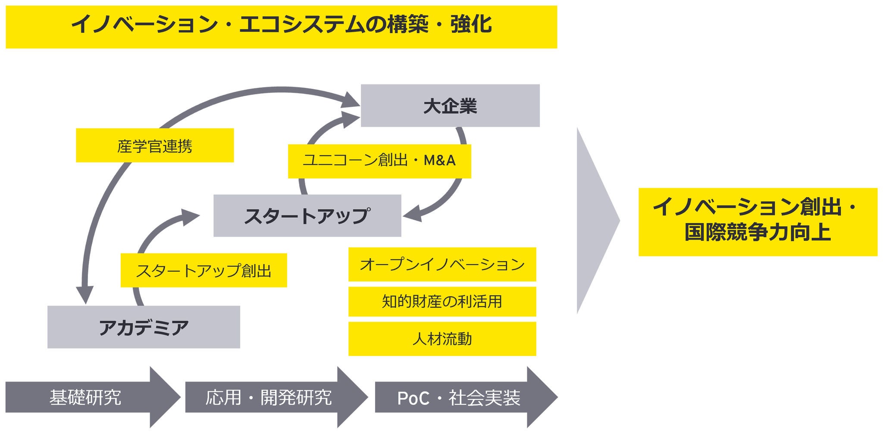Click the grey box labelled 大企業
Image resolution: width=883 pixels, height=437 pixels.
[450, 106]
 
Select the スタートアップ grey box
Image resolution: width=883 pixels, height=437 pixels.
[307, 215]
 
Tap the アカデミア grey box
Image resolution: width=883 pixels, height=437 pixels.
[144, 327]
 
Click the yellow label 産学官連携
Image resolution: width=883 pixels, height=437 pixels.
[155, 146]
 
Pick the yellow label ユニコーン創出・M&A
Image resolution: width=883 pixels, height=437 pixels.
[379, 161]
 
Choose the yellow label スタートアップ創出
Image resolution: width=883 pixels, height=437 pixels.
[204, 270]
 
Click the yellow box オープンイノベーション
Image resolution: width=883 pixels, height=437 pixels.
[442, 264]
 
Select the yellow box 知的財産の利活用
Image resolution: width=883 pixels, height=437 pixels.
[442, 301]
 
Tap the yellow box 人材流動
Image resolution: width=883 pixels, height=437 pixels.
[442, 339]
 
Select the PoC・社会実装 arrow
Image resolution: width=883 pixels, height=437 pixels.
[459, 397]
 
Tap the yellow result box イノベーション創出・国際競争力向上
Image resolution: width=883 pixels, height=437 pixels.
[758, 222]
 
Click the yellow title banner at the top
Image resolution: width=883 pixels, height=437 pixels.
[281, 27]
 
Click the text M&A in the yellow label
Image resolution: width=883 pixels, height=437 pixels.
[439, 161]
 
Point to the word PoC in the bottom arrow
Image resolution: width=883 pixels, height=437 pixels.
[413, 398]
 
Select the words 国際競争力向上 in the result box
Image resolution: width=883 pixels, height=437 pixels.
[758, 233]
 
